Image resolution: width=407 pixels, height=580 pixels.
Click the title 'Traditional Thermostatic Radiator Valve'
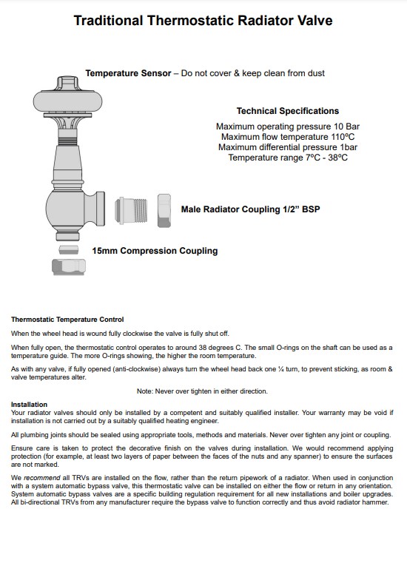pos(203,21)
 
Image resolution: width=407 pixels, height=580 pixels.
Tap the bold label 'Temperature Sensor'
pos(128,73)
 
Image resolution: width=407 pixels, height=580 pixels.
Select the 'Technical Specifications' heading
pos(287,111)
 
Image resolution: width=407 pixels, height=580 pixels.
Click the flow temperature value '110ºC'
pos(343,137)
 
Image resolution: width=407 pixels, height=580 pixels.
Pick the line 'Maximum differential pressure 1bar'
pos(287,147)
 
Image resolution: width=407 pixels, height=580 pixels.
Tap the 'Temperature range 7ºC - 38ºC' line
pos(287,158)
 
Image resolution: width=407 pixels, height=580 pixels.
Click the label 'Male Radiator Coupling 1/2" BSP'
pos(250,209)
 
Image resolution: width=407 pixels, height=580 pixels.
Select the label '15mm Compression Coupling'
pos(155,251)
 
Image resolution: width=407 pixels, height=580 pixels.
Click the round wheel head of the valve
pos(68,101)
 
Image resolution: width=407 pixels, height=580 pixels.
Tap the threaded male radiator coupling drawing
pos(131,210)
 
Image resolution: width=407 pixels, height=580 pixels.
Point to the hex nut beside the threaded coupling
pos(164,210)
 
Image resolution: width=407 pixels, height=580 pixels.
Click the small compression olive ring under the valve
pos(68,250)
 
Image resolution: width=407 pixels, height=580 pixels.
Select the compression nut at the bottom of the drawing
pos(69,267)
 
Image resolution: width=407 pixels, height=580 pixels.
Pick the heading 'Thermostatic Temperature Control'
pos(67,320)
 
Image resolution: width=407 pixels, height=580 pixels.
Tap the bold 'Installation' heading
pos(30,404)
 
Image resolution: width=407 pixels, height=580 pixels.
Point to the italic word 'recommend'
pos(41,478)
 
